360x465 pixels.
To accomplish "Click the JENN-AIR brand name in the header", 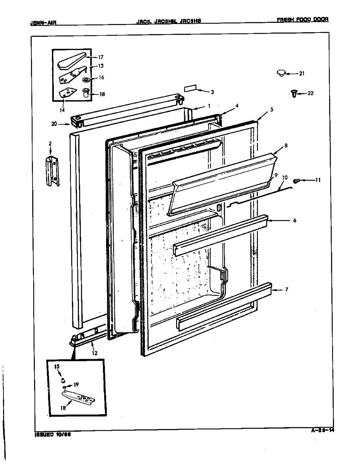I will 43,22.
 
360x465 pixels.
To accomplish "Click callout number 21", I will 302,74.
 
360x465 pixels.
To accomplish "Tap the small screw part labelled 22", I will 293,93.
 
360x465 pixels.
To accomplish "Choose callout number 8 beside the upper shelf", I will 286,146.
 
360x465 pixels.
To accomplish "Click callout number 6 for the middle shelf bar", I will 295,220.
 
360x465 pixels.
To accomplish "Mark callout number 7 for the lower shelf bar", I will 286,289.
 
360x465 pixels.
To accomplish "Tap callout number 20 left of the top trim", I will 54,124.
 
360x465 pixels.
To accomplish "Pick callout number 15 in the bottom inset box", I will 57,366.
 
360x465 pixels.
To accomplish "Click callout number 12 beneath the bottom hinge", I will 94,353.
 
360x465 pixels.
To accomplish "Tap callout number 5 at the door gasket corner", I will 272,110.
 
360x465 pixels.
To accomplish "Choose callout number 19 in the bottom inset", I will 76,385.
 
